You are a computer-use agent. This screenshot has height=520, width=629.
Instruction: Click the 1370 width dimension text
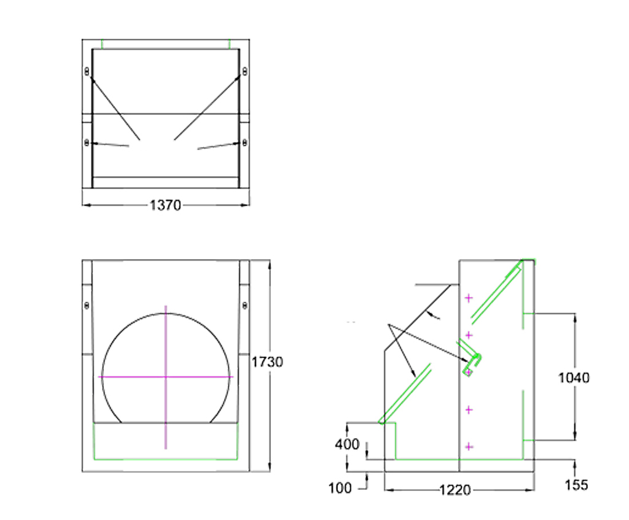[x=165, y=206]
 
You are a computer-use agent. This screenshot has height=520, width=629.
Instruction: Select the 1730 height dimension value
[x=267, y=362]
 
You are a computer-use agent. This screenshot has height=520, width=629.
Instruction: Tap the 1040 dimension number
[x=574, y=378]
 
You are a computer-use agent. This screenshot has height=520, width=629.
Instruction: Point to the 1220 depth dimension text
[x=455, y=490]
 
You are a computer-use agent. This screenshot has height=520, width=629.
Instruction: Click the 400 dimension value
[x=347, y=444]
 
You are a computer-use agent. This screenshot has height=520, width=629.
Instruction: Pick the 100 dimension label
[x=340, y=488]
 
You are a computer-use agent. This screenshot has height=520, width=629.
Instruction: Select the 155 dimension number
[x=576, y=485]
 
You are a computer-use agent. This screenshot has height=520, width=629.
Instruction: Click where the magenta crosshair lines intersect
[x=165, y=376]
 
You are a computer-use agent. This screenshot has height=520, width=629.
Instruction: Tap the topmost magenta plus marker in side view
[x=469, y=298]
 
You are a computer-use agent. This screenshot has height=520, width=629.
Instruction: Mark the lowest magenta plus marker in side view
[x=469, y=447]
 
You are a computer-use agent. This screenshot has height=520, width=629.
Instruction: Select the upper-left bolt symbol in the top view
[x=87, y=72]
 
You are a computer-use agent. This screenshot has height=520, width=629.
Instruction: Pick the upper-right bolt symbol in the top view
[x=244, y=72]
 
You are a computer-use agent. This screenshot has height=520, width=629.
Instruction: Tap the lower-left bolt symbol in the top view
[x=87, y=143]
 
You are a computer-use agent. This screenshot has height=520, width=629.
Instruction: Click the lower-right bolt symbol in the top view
[x=244, y=143]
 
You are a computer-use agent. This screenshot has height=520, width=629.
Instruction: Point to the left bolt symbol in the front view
[x=87, y=305]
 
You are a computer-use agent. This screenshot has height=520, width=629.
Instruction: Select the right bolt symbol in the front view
[x=244, y=305]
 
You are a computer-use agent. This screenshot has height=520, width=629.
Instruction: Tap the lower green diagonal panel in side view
[x=406, y=393]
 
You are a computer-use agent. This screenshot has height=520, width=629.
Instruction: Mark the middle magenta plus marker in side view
[x=469, y=372]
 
